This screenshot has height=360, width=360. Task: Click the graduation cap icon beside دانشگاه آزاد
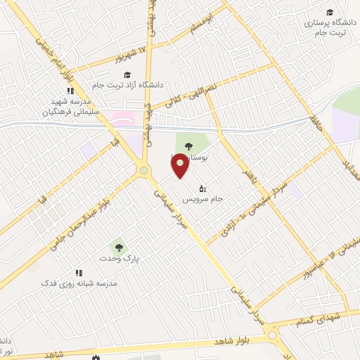(127, 75)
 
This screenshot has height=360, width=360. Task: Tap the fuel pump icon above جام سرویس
(202, 188)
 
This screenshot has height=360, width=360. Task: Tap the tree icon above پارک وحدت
(117, 247)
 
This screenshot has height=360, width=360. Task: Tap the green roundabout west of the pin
(143, 170)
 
